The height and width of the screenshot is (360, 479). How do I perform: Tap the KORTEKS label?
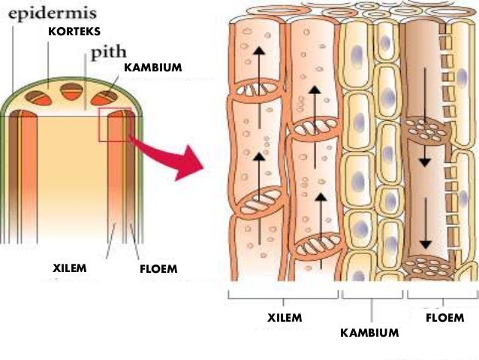pyautogui.click(x=74, y=32)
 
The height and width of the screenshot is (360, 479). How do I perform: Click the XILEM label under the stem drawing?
pyautogui.click(x=71, y=268)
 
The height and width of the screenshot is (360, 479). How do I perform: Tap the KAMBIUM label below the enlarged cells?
pyautogui.click(x=369, y=331)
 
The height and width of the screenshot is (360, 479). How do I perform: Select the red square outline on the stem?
pyautogui.click(x=115, y=124)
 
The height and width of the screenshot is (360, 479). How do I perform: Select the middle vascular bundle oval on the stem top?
pyautogui.click(x=71, y=92)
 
